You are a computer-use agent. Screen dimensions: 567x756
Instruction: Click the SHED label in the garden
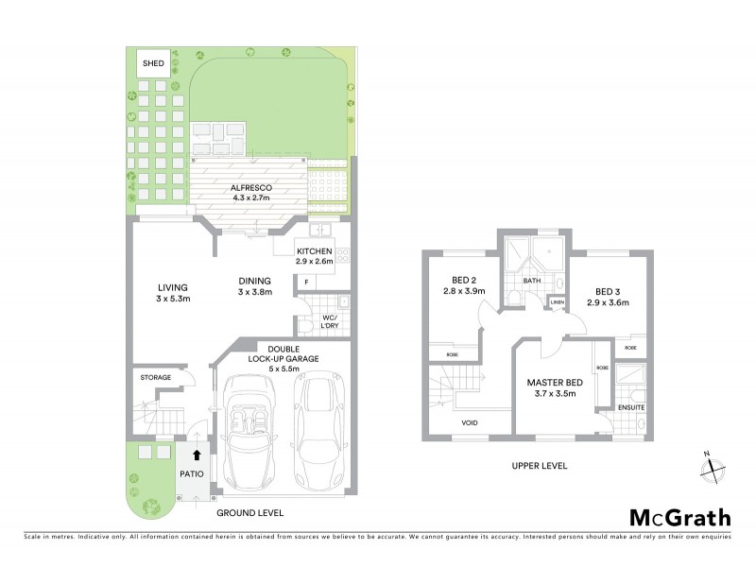coord(153,63)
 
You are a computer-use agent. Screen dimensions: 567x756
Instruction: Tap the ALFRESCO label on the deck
coord(251,188)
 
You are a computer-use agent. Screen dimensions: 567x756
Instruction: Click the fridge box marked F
coord(307,282)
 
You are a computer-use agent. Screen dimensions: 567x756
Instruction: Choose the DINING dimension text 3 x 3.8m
coord(254,292)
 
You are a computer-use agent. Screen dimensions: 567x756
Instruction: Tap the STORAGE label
coord(157,378)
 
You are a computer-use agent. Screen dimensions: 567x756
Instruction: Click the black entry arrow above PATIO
coord(197,455)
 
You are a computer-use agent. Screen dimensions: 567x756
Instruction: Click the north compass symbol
coord(715,466)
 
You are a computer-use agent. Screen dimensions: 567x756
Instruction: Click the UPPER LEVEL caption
coord(538,466)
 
